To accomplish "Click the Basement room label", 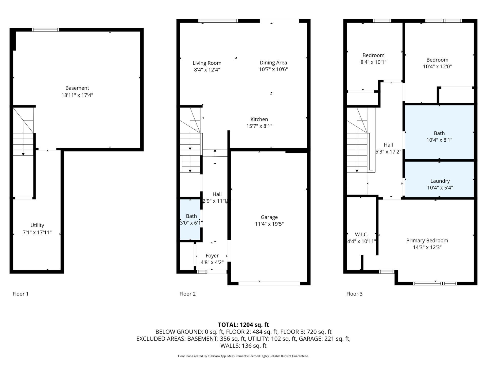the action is [x=77, y=88].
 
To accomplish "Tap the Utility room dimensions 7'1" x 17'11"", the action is [x=37, y=232].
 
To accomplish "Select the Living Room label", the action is [x=207, y=63].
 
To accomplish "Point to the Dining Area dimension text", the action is [x=273, y=69].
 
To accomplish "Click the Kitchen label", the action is [x=259, y=119].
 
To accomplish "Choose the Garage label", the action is [x=269, y=217].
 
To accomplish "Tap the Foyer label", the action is [x=212, y=256].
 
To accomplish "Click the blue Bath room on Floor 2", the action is [x=190, y=219].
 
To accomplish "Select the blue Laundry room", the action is [x=439, y=179].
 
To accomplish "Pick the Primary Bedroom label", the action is [x=427, y=240].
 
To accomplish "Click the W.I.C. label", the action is [x=361, y=234].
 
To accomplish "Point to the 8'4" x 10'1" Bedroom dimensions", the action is [x=373, y=62].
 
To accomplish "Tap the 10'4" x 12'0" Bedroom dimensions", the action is [x=437, y=67].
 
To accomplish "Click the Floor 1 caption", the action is [x=21, y=294].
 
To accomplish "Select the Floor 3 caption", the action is [x=354, y=294].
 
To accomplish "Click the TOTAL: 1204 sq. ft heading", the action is [x=243, y=325].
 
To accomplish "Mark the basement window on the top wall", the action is [x=45, y=30].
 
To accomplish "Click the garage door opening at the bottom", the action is [x=269, y=283].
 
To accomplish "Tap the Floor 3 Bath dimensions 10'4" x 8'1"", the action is [x=439, y=140].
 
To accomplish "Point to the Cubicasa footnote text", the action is [x=243, y=356].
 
